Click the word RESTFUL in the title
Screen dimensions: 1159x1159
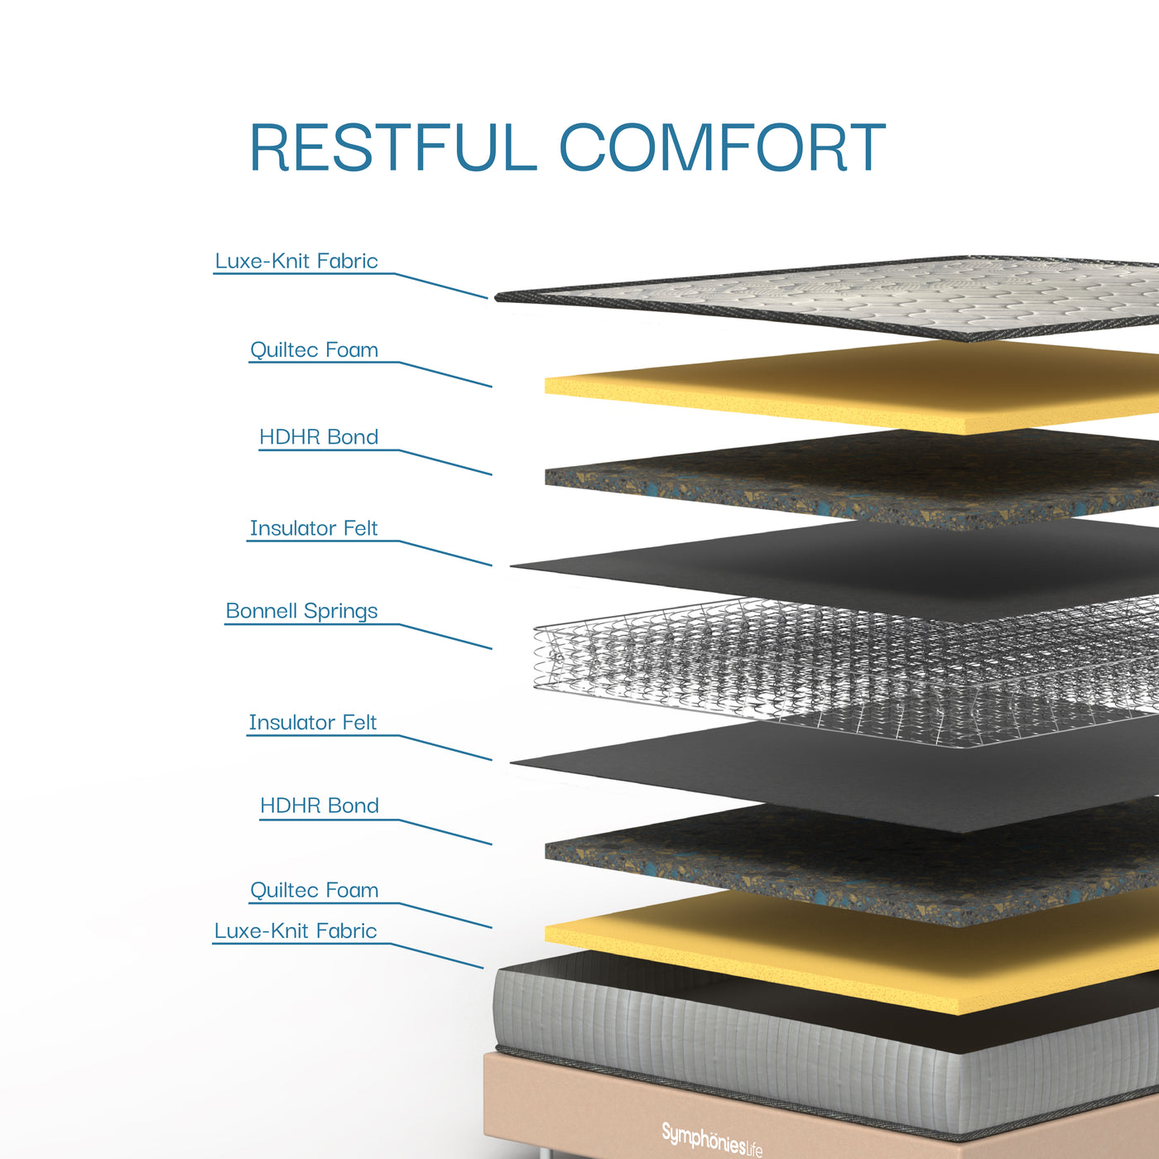pos(393,147)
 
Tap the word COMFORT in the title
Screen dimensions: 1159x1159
pos(723,147)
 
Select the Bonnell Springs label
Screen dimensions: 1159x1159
pos(301,610)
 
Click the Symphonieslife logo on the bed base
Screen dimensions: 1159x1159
pos(711,1138)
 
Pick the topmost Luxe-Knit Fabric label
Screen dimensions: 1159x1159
pos(296,261)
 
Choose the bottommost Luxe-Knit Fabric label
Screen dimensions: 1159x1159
pos(296,931)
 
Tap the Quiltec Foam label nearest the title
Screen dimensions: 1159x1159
pos(314,349)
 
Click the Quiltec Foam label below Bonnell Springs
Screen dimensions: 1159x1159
pos(314,890)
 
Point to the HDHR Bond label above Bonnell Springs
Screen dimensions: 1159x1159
pos(319,436)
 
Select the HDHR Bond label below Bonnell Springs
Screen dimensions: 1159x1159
pos(320,806)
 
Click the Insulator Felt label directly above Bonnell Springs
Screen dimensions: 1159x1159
pos(314,528)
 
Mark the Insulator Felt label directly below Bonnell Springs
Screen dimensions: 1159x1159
pos(313,722)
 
